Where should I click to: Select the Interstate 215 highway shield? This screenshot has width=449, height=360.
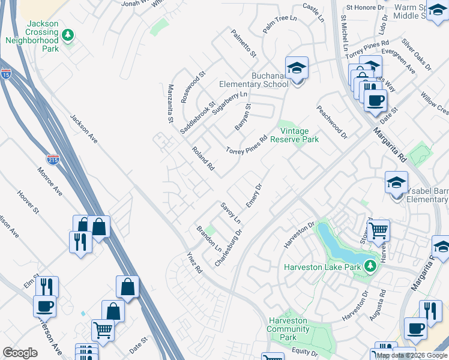(x=52, y=160)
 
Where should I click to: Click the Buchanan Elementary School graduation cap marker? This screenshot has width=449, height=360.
(x=297, y=68)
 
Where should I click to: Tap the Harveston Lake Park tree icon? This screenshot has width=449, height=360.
(x=371, y=266)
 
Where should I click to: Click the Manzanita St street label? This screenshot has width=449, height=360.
(x=170, y=104)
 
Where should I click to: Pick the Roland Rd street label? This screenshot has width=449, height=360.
(x=203, y=158)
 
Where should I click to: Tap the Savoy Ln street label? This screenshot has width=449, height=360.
(x=230, y=212)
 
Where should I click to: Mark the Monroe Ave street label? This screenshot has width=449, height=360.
(x=50, y=181)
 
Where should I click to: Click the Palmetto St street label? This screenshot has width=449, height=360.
(x=244, y=43)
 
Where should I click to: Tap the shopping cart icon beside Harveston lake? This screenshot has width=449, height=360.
(x=378, y=230)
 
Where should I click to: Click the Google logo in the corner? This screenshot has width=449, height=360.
(x=20, y=353)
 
